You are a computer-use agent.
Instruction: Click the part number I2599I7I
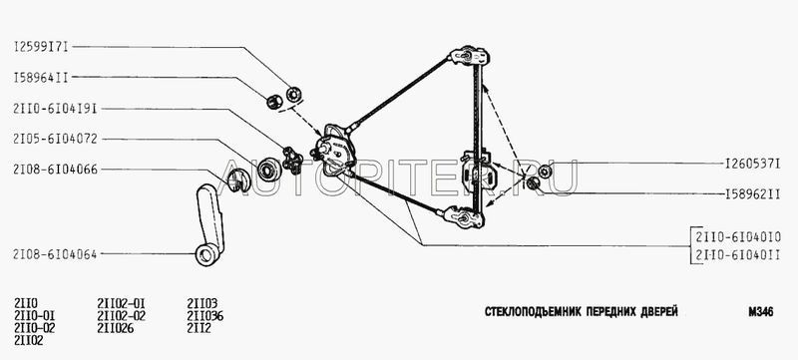coord(41,47)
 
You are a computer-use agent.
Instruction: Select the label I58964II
coord(41,78)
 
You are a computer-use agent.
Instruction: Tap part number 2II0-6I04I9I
coord(56,109)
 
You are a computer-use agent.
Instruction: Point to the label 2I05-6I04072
coord(56,139)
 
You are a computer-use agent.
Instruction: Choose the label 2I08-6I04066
coord(56,170)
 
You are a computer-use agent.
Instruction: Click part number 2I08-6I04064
coord(56,253)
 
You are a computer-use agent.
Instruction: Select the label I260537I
coord(753,164)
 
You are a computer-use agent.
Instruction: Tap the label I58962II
coord(753,194)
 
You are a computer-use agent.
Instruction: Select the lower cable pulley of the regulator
coord(464,217)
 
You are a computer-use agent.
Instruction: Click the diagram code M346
coord(761,312)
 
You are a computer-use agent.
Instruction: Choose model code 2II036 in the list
coord(205,316)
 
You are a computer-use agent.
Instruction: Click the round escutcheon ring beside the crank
coord(268,169)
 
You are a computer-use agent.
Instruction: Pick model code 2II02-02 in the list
coord(121,316)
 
